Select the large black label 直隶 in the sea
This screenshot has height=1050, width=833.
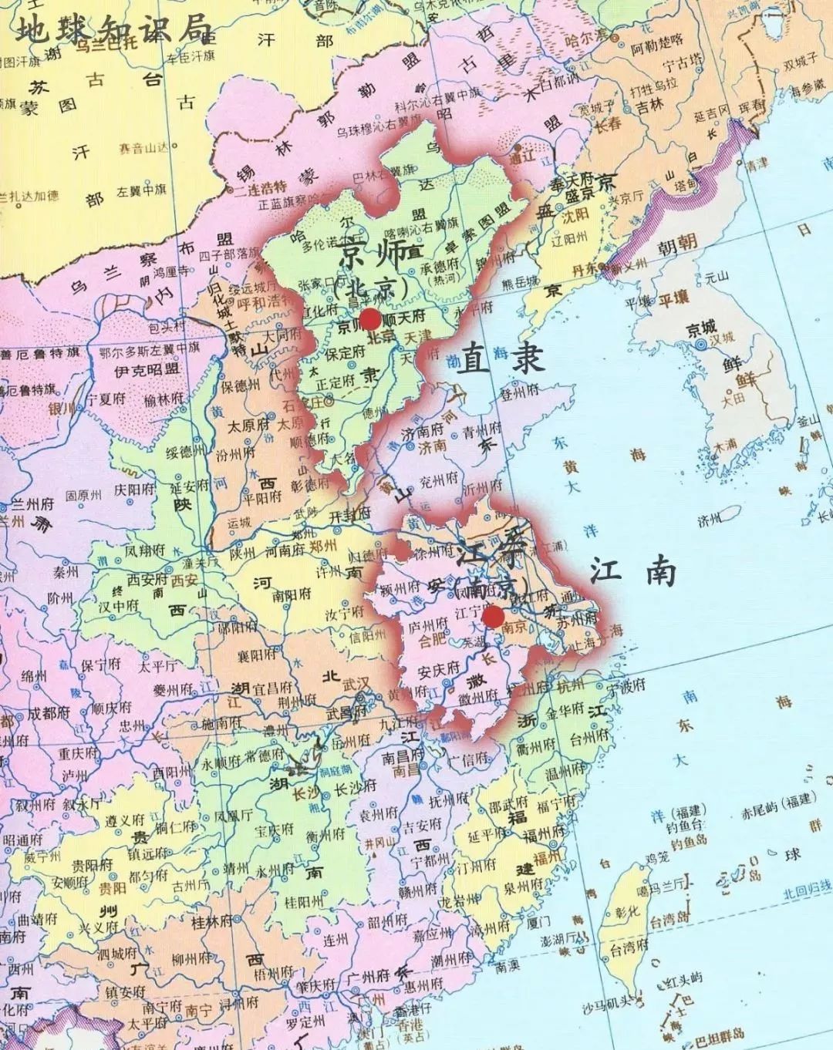point(500,359)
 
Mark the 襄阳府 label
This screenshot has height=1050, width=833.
point(258,655)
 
